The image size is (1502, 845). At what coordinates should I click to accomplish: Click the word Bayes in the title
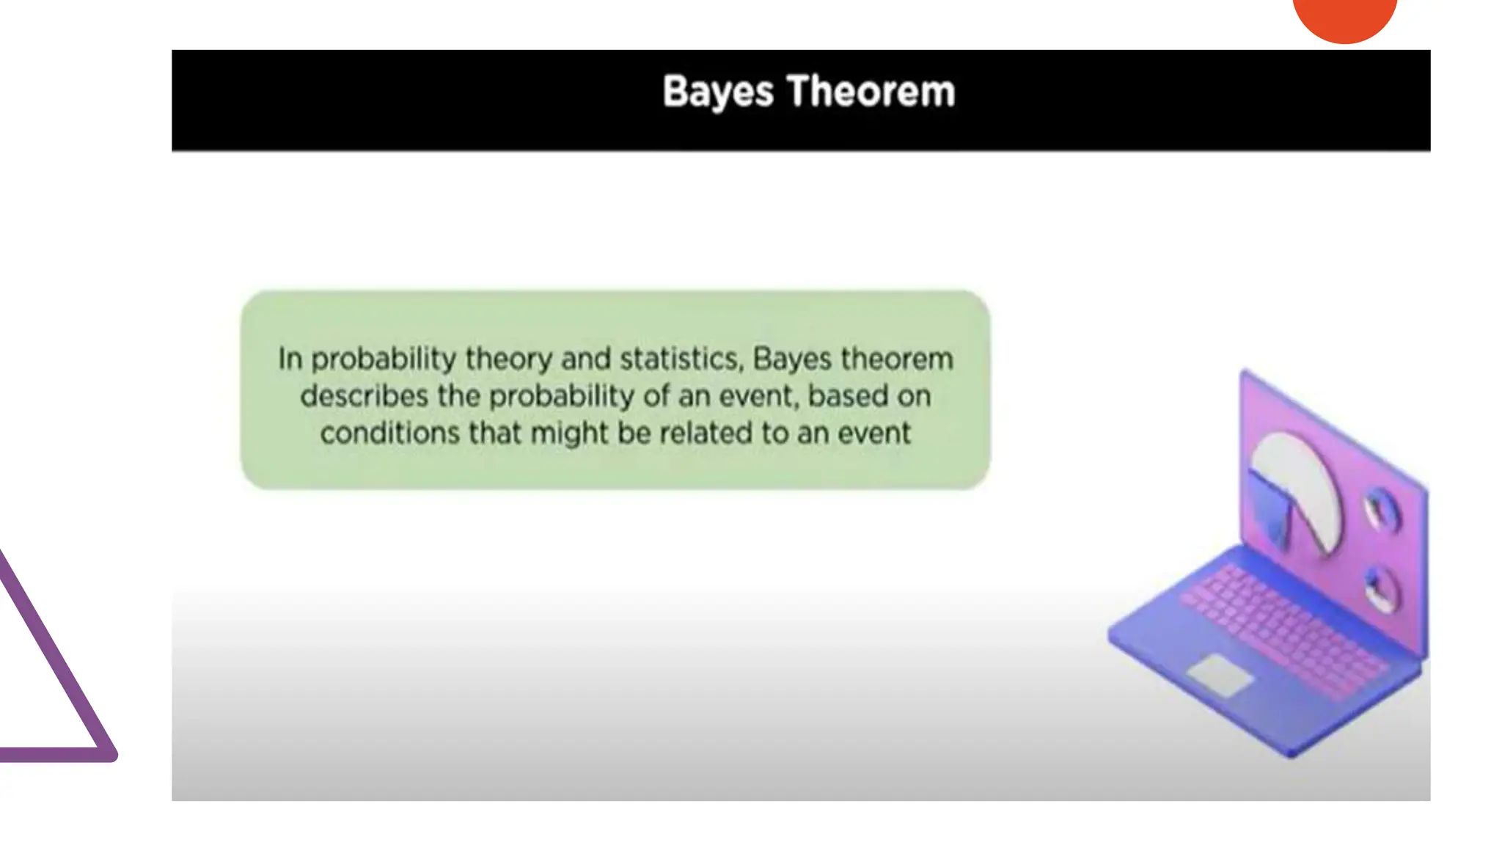pos(717,92)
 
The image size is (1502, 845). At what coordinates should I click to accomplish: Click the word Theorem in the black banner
pos(871,92)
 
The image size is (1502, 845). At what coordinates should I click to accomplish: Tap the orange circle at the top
pos(1344,16)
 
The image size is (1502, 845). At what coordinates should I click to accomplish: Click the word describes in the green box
pos(364,396)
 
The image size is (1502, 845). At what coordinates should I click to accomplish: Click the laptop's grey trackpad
pos(1220,675)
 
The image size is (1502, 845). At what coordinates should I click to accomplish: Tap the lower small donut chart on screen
pos(1380,590)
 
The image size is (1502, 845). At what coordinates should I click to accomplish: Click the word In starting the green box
pos(290,359)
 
